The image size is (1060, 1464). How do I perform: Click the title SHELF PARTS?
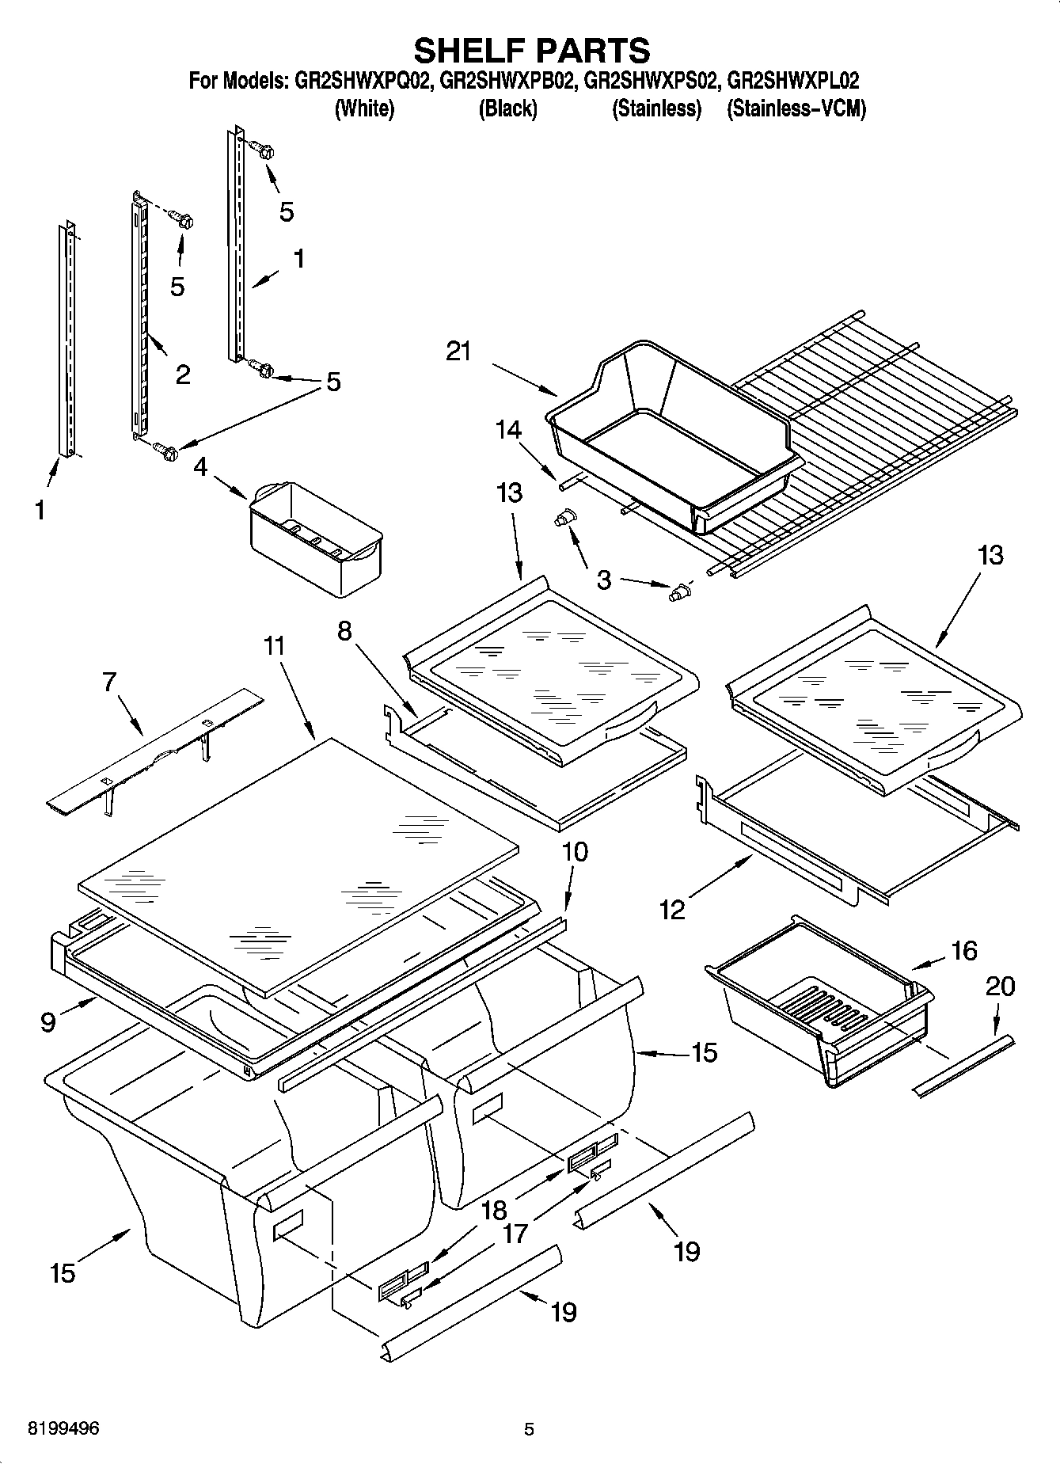(531, 51)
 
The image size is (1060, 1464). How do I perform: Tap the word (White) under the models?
(364, 108)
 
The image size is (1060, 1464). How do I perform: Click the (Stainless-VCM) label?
(796, 108)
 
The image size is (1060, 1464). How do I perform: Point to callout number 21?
(459, 351)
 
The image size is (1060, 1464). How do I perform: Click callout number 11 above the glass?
(274, 646)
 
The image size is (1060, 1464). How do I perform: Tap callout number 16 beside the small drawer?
(963, 950)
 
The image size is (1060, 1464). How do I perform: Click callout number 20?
(1001, 986)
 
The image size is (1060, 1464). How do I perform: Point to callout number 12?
(672, 910)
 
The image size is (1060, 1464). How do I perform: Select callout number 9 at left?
(48, 1022)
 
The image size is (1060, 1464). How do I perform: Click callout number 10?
(575, 852)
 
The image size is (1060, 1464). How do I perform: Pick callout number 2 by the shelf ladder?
(183, 374)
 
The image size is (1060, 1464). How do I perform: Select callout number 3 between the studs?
(604, 580)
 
